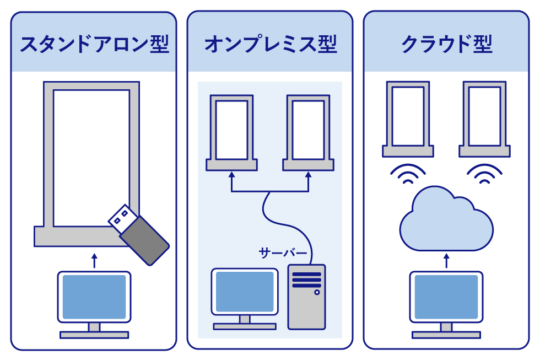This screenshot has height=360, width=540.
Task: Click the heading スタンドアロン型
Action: (94, 44)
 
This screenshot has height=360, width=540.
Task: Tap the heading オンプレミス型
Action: (270, 44)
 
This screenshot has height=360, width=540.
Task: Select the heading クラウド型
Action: (446, 44)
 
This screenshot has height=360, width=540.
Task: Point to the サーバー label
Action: (283, 254)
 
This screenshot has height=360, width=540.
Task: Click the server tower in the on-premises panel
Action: (307, 297)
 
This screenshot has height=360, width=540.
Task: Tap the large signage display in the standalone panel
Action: (91, 160)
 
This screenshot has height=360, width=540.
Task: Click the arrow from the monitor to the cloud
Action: (446, 260)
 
